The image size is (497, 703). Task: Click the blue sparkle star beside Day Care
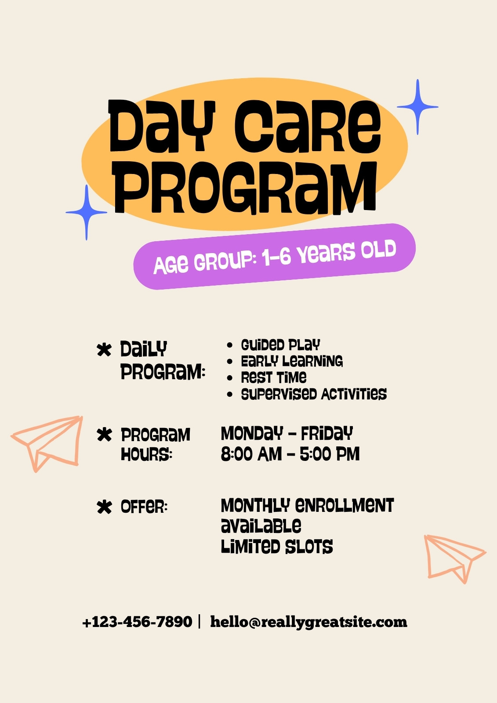417,107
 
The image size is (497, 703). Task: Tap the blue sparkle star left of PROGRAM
86,213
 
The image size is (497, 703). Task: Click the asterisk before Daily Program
104,350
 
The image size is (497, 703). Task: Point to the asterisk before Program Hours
104,435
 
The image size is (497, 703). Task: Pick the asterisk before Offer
104,507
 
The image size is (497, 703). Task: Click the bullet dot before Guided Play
229,345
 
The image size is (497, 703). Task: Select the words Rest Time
273,377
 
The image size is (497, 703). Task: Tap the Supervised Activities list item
314,394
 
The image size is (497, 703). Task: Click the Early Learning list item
292,361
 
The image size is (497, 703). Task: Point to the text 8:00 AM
251,454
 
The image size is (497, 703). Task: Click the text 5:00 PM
329,454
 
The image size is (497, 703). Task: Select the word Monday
252,434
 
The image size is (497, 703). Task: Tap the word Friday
327,434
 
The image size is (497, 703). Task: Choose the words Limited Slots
276,547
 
